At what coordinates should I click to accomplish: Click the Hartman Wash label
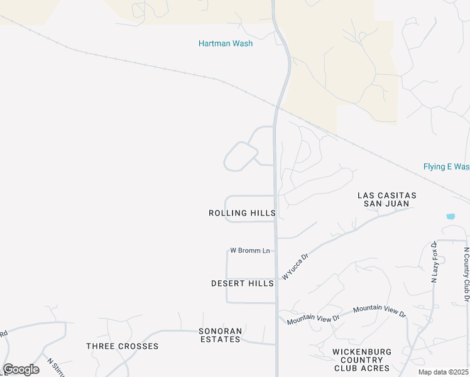click(x=226, y=43)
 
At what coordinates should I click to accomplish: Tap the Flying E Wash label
click(x=446, y=167)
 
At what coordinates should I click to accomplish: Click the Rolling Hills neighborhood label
click(x=242, y=214)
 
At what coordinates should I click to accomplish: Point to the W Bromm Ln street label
click(x=249, y=251)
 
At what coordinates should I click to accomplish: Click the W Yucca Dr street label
click(x=295, y=266)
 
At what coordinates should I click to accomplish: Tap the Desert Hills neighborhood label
click(x=242, y=283)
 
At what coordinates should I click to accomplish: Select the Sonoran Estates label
click(x=219, y=335)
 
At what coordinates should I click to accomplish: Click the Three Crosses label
click(x=122, y=346)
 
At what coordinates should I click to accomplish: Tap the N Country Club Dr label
click(x=466, y=268)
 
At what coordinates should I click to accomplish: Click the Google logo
click(x=21, y=369)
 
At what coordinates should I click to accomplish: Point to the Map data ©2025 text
click(x=443, y=372)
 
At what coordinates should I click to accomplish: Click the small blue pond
click(x=451, y=217)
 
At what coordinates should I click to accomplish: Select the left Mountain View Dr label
click(x=313, y=319)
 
